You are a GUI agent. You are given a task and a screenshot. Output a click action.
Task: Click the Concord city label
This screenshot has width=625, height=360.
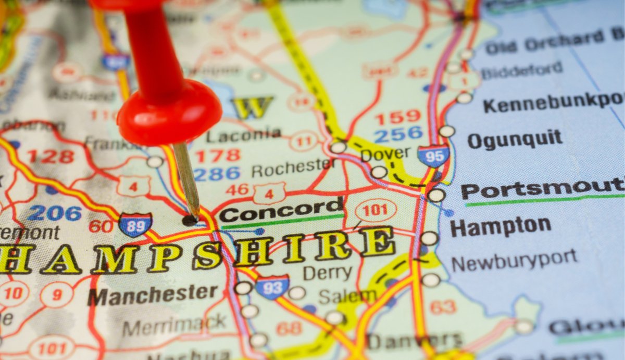click(281, 212)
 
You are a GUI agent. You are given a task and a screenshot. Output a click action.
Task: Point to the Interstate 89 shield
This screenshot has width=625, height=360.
click(135, 225)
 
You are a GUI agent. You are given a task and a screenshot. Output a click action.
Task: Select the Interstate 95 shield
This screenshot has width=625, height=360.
click(433, 155)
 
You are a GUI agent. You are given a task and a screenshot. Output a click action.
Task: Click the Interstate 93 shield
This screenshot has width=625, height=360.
click(272, 287)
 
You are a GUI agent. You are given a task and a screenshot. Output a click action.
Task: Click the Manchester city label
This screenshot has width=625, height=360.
click(152, 295)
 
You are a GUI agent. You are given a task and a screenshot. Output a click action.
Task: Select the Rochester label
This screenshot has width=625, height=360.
click(293, 168)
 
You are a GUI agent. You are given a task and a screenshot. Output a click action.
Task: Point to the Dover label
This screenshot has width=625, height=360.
click(385, 154)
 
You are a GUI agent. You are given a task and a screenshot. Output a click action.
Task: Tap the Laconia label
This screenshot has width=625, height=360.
click(243, 135)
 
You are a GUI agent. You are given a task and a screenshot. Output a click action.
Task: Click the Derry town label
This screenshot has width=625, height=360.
click(327, 273)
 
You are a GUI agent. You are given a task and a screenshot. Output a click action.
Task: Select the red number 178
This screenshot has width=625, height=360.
click(218, 155)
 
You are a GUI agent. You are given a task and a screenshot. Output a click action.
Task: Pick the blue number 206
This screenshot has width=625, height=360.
click(55, 213)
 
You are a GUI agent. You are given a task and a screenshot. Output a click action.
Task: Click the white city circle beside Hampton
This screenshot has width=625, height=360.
click(429, 239)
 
